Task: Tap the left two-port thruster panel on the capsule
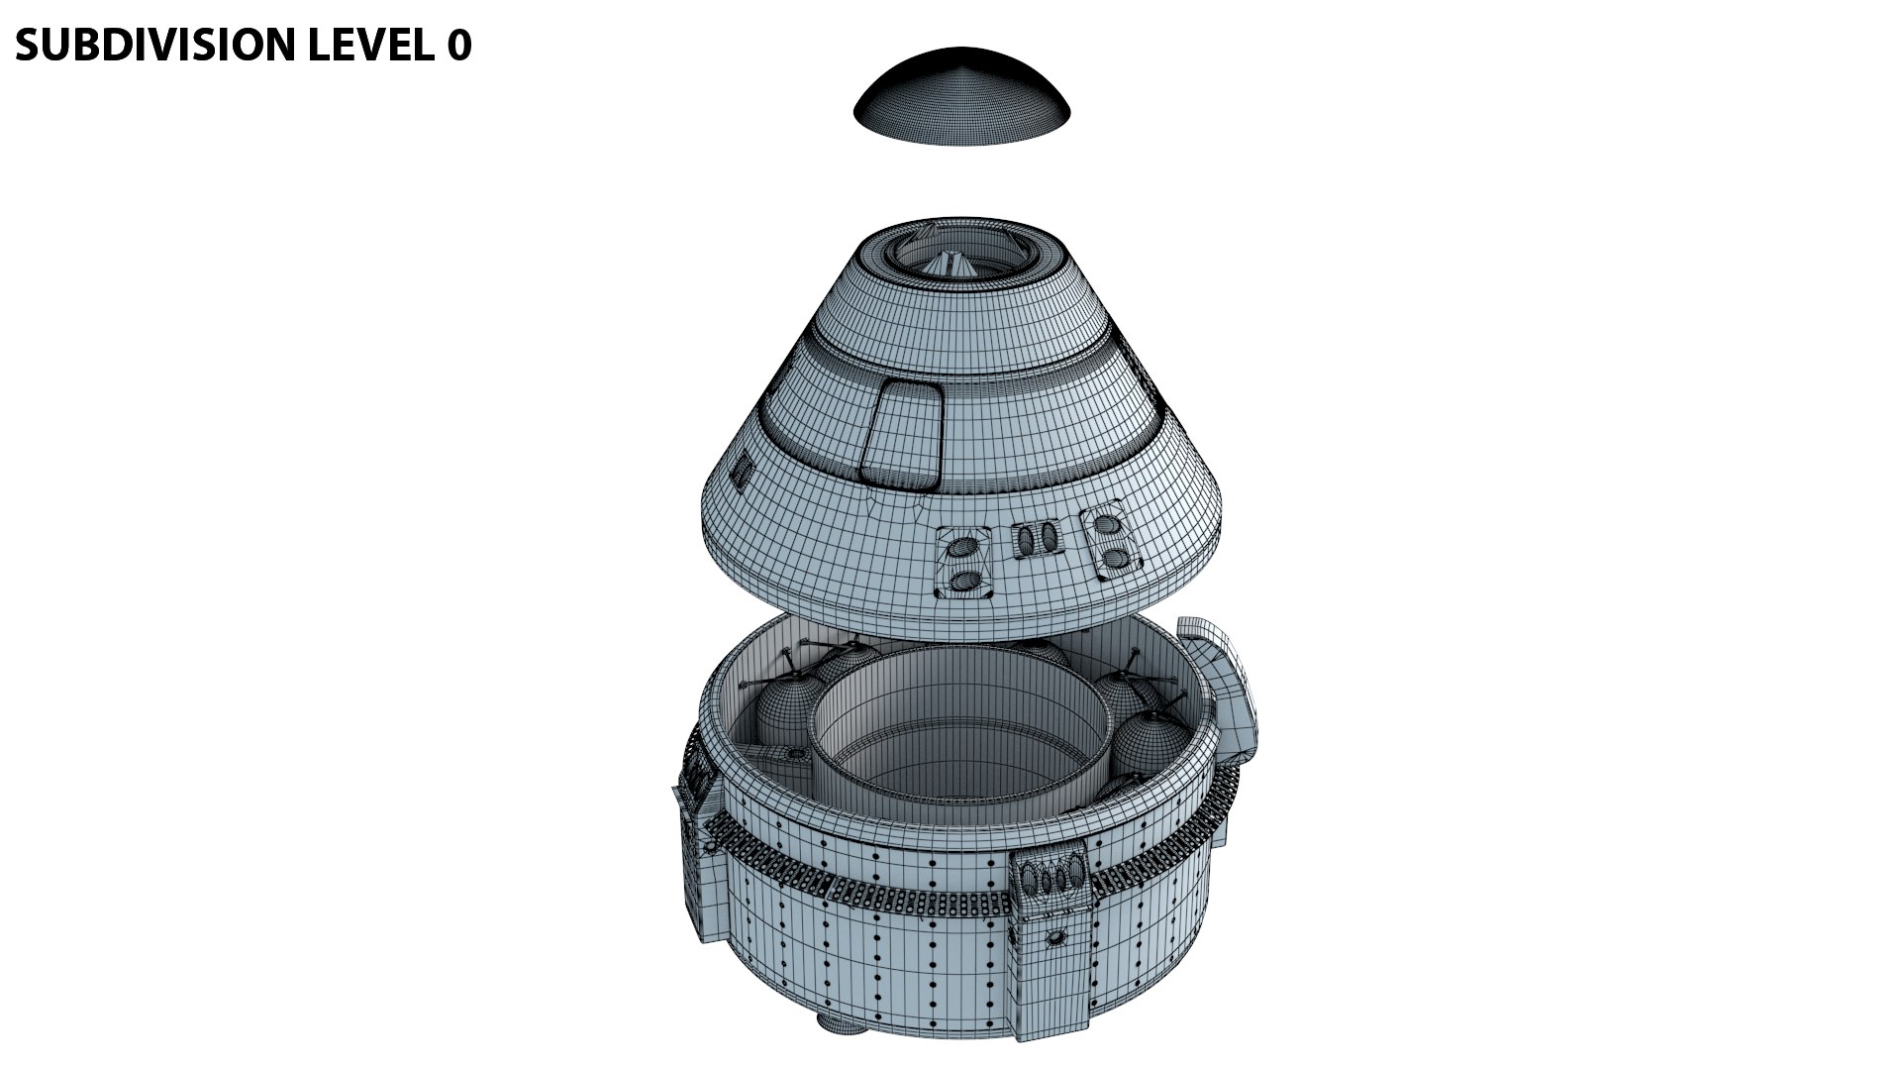pos(965,564)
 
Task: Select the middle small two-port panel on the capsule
pos(1035,541)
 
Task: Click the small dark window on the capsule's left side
pos(740,469)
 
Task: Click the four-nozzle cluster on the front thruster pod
pos(1049,878)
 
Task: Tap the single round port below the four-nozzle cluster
pos(1056,936)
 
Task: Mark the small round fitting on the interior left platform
pos(793,756)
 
